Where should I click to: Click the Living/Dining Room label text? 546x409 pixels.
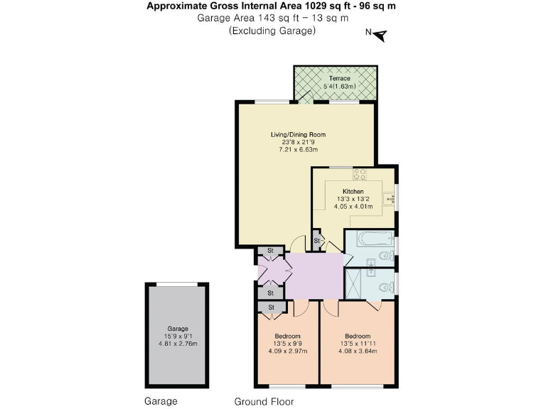click(x=297, y=134)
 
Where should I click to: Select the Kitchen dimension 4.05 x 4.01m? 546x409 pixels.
click(x=353, y=207)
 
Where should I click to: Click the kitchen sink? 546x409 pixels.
click(x=389, y=200)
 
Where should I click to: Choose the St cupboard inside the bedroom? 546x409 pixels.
click(x=271, y=307)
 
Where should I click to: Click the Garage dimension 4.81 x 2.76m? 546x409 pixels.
click(x=178, y=344)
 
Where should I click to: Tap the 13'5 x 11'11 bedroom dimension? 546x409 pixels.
click(x=358, y=343)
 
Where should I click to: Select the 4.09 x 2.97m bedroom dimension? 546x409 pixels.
click(x=287, y=351)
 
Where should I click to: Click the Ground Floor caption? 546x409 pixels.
click(x=264, y=401)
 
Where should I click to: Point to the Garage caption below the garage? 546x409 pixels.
click(x=161, y=401)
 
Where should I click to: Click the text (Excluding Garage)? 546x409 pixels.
click(x=272, y=31)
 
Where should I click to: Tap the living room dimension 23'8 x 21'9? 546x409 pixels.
click(x=297, y=142)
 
